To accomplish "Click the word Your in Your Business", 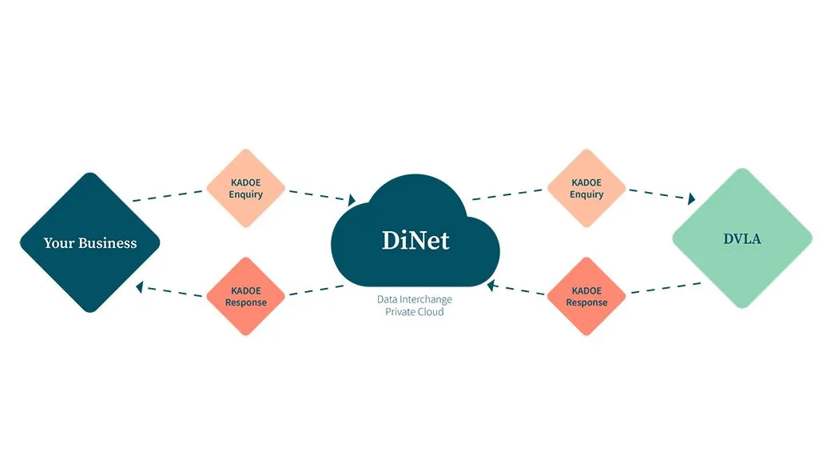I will click(58, 243).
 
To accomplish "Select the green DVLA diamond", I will click(742, 238).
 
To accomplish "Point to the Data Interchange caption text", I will click(415, 299).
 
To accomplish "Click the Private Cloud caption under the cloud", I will click(415, 312).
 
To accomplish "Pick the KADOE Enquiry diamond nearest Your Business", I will click(246, 189).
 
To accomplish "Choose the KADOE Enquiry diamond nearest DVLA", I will click(586, 189).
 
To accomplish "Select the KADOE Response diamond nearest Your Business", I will click(246, 297).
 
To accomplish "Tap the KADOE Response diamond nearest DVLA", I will click(586, 297).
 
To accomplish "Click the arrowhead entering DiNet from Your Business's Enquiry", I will click(351, 200).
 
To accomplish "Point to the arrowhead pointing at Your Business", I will click(140, 286).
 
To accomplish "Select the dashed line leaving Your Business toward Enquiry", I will click(169, 196).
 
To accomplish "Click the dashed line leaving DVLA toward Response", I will click(666, 287).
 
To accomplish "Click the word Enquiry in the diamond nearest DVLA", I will click(586, 194).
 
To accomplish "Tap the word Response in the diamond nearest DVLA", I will click(586, 302).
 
